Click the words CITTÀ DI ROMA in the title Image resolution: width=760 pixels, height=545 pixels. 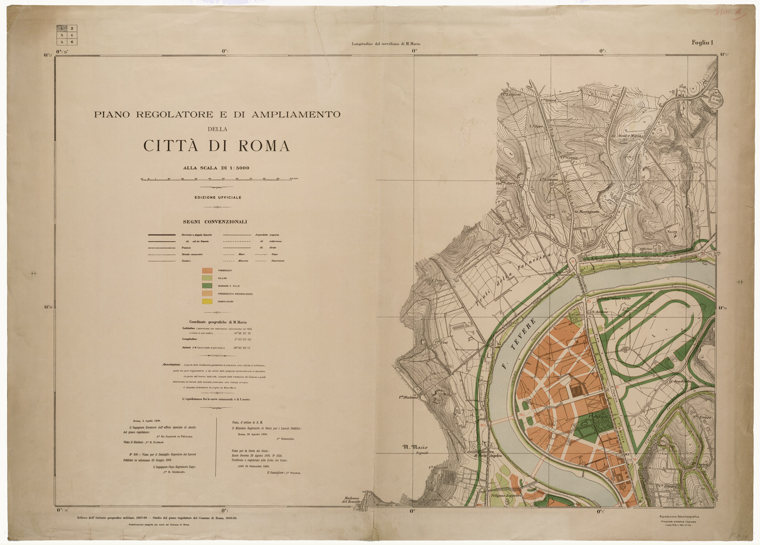point(216,146)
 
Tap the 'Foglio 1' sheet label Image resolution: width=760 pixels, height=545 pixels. point(703,43)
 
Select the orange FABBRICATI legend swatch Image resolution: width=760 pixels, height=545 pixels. point(207,270)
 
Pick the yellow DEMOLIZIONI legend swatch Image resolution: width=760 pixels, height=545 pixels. point(207,301)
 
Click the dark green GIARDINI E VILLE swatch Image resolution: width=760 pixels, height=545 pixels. point(207,286)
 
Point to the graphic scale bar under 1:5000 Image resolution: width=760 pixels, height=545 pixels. point(219,179)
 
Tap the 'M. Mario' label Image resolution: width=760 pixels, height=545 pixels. point(415,447)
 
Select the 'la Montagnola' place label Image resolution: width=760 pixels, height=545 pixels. point(587,212)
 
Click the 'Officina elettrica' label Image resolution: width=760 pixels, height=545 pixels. point(646,251)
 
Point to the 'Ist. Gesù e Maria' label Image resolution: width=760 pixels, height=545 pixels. point(626,136)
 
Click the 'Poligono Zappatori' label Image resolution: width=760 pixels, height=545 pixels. point(506,495)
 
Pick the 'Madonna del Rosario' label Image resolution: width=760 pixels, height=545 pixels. point(352,500)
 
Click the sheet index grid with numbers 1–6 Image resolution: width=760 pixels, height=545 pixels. point(67,35)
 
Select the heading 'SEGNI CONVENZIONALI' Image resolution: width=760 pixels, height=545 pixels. point(215,222)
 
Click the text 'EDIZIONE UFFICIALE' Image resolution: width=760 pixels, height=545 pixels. point(218,197)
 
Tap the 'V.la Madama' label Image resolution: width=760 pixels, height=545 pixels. point(408,397)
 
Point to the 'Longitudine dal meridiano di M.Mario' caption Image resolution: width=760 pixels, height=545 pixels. point(386,44)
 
